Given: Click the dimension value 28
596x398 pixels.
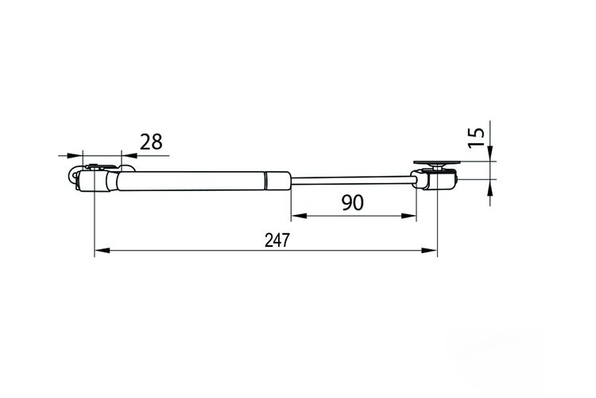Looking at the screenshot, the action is [x=151, y=142].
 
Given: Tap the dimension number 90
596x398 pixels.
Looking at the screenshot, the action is [x=352, y=202].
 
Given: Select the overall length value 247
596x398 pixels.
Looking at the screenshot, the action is [x=277, y=240].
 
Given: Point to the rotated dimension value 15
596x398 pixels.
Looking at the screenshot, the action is [x=476, y=137].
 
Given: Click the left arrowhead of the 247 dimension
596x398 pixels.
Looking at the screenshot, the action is [x=102, y=250].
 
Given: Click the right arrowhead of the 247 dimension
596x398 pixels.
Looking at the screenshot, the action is [x=429, y=250].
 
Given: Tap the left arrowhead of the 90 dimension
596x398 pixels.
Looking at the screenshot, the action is [x=299, y=216].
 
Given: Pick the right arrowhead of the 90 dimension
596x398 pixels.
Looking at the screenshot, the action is [x=409, y=216].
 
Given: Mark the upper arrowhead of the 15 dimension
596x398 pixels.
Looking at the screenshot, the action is [x=490, y=154].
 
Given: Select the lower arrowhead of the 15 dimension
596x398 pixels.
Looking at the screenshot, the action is [x=490, y=186].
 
